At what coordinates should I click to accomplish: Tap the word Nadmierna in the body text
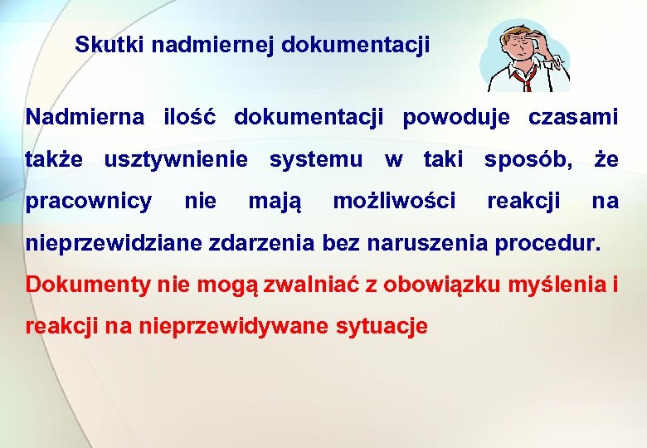pos(85,117)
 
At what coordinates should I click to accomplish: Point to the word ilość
pos(189,117)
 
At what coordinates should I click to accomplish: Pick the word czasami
pos(573,117)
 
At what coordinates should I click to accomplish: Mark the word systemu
pos(316,158)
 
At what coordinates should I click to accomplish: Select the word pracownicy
pos(89,201)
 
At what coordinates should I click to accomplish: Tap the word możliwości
pos(394,201)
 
